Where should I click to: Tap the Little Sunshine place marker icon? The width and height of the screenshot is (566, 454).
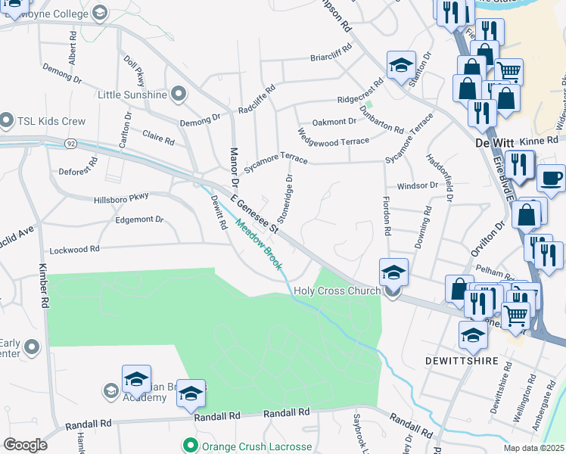(179, 95)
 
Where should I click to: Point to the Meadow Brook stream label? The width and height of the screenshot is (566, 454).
(258, 244)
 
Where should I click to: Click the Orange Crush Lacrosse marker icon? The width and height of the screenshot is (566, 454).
(190, 445)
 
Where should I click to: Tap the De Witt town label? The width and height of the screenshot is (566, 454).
(493, 142)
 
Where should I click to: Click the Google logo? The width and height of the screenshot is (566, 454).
(25, 445)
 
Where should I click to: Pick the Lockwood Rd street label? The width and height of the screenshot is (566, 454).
(74, 249)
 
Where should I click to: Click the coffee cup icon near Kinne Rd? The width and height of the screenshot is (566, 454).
(551, 179)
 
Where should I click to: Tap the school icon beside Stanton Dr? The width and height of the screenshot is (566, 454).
(401, 65)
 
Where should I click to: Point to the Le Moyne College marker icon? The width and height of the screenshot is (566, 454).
(99, 13)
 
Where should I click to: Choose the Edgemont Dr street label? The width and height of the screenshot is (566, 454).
(139, 219)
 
